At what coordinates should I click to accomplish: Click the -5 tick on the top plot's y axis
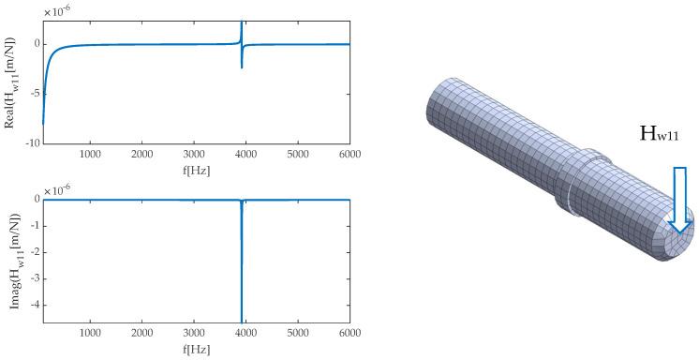pos(34,93)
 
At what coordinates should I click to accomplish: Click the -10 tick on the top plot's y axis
pos(32,142)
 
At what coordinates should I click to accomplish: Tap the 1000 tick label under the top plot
pos(91,153)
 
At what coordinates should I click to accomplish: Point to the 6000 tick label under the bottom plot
pos(349,332)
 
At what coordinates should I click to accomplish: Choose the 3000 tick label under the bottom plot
pos(194,332)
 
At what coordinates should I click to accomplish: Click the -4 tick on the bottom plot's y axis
pos(34,304)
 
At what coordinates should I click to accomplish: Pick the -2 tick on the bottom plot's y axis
pos(34,251)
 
